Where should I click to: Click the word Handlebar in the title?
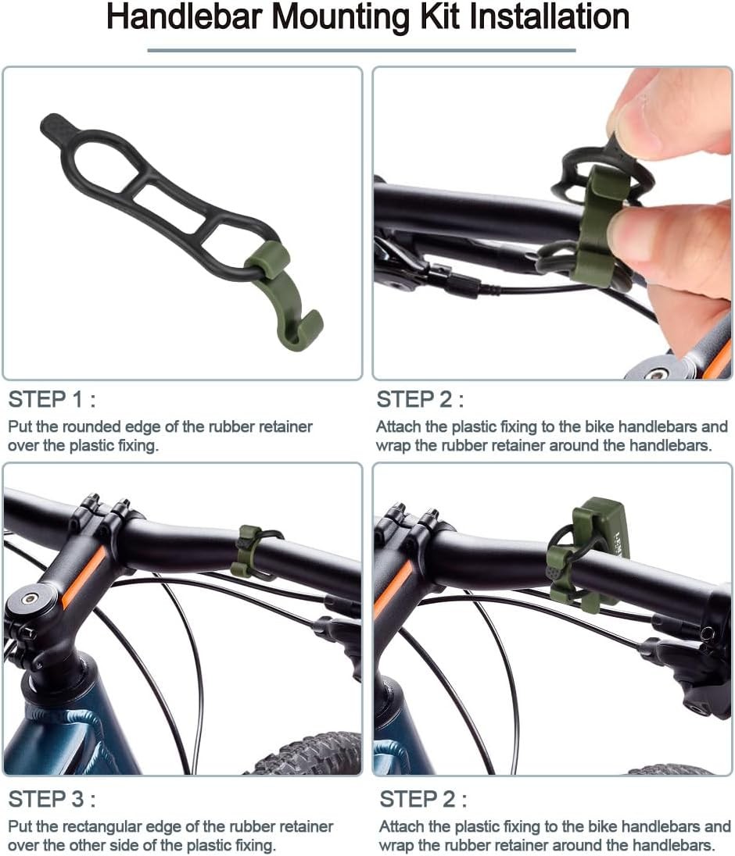[x=185, y=16]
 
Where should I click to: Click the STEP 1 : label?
[x=52, y=400]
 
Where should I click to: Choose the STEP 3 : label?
[x=52, y=800]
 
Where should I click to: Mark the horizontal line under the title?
[x=361, y=51]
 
